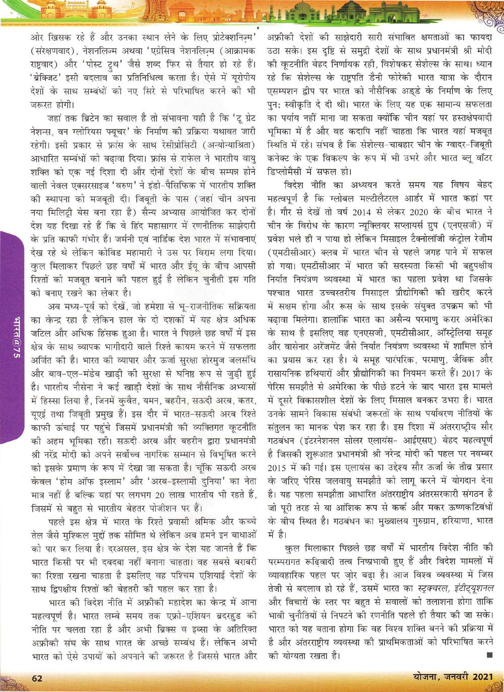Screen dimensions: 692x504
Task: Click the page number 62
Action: pos(37,678)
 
